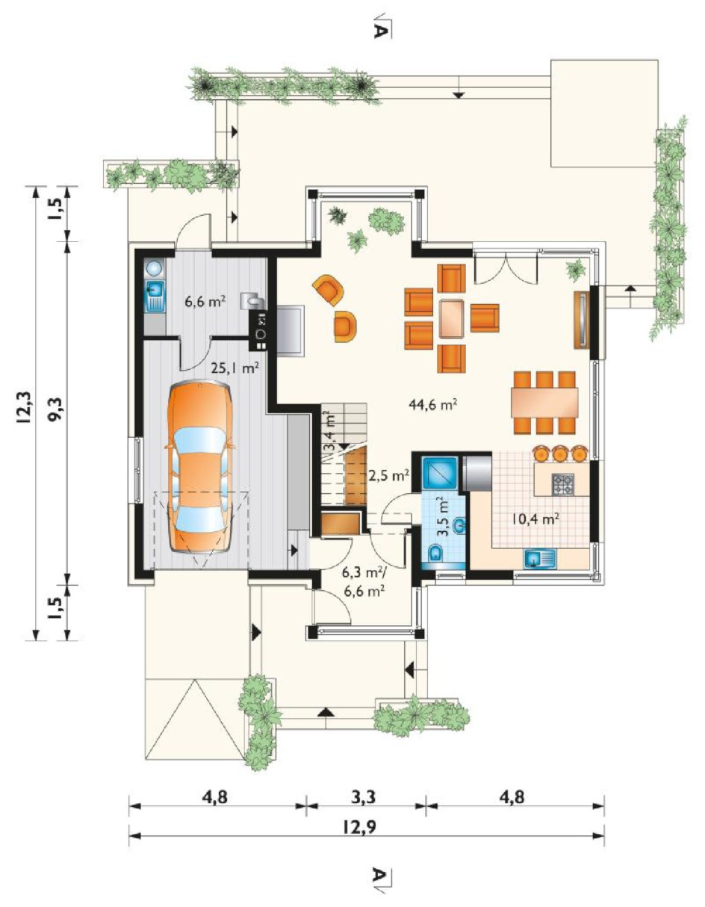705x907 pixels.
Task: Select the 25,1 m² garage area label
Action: click(237, 368)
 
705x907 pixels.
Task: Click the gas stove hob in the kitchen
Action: click(563, 484)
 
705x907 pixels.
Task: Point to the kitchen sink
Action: click(540, 559)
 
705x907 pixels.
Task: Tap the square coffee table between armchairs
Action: click(452, 318)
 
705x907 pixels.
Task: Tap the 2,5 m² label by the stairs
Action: click(388, 475)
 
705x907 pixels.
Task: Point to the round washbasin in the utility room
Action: click(155, 268)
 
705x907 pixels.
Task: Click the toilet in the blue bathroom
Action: click(435, 554)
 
